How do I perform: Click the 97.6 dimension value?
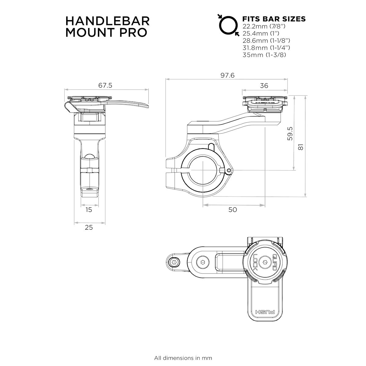click(x=227, y=75)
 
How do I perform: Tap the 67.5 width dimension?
click(x=105, y=85)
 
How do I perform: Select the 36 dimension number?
click(x=264, y=86)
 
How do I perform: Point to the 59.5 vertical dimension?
click(x=290, y=134)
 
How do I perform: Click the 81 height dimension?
click(x=301, y=147)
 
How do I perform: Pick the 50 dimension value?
click(x=233, y=210)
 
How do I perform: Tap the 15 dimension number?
click(x=89, y=210)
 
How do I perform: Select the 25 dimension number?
click(x=89, y=227)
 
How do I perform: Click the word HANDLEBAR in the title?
click(x=107, y=21)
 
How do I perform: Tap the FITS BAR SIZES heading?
click(x=274, y=19)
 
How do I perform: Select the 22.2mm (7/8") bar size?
click(x=264, y=26)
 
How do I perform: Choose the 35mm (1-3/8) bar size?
click(x=264, y=55)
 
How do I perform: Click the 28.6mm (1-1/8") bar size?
click(x=266, y=41)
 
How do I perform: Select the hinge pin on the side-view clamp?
click(x=229, y=170)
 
